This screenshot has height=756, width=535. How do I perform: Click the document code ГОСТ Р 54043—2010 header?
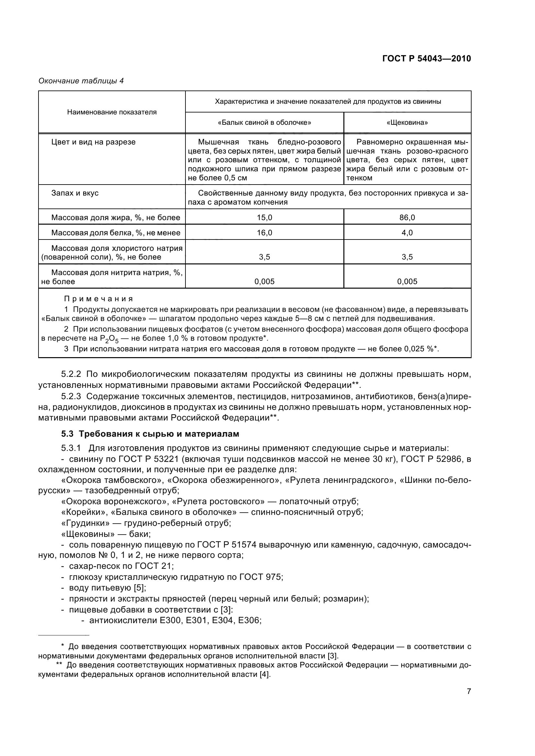click(426, 59)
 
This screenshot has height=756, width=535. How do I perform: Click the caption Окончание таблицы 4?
click(81, 81)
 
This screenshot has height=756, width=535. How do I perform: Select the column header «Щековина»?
click(407, 123)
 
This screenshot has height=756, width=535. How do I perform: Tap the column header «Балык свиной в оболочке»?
click(264, 123)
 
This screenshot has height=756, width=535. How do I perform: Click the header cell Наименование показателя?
click(112, 112)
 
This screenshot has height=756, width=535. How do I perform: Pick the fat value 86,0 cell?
click(407, 217)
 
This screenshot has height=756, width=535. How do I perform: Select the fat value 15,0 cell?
click(264, 217)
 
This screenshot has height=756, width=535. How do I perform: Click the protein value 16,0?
click(264, 233)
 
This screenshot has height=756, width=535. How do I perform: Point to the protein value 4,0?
click(407, 233)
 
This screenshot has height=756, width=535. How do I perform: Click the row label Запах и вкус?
click(75, 193)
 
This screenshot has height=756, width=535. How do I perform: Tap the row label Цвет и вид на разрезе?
click(93, 142)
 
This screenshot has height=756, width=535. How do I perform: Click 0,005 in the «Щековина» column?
click(407, 281)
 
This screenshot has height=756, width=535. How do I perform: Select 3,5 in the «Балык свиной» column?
click(264, 257)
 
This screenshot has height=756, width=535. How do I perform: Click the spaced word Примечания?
click(98, 299)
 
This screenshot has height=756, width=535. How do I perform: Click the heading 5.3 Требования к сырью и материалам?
click(150, 434)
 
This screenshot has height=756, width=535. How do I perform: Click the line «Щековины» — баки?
click(106, 534)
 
